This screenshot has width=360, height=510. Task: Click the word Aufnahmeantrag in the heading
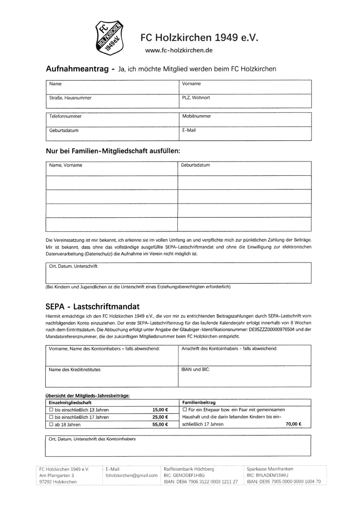pos(77,69)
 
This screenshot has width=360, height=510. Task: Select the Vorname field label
pos(191,84)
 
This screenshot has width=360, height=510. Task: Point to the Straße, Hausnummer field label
pos(70,98)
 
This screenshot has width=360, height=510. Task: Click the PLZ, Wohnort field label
pos(196,98)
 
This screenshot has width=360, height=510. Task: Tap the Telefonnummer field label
pos(65,116)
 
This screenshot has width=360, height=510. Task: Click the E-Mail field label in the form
pos(189,130)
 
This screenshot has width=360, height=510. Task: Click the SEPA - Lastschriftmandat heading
pos(92,306)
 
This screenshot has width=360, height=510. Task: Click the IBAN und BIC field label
pos(195,369)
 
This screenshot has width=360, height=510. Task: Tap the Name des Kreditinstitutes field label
pos(75,369)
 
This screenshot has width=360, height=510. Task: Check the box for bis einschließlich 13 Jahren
pos(51,410)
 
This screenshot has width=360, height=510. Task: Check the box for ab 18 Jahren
pos(51,425)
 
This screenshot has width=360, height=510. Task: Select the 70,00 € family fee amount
pos(293,424)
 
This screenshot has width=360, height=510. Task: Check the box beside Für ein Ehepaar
pos(184,410)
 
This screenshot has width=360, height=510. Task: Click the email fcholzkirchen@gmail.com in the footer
pos(132,476)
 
